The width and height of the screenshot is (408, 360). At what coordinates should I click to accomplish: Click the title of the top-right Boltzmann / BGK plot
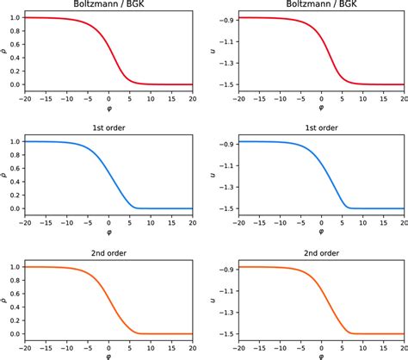pyautogui.click(x=320, y=5)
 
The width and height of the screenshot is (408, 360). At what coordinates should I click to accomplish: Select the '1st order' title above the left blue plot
pyautogui.click(x=109, y=129)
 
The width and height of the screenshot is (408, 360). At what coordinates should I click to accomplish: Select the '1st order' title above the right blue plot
pyautogui.click(x=320, y=129)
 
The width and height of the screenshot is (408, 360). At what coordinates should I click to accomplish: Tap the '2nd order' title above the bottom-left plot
pyautogui.click(x=109, y=254)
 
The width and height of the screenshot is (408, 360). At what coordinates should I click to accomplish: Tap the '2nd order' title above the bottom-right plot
pyautogui.click(x=320, y=254)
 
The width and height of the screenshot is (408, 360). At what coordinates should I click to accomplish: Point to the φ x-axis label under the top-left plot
pyautogui.click(x=109, y=109)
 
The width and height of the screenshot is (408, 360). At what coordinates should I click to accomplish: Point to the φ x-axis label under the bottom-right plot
pyautogui.click(x=320, y=356)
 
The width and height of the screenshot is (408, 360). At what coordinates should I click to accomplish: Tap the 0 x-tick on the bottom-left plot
pyautogui.click(x=109, y=347)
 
